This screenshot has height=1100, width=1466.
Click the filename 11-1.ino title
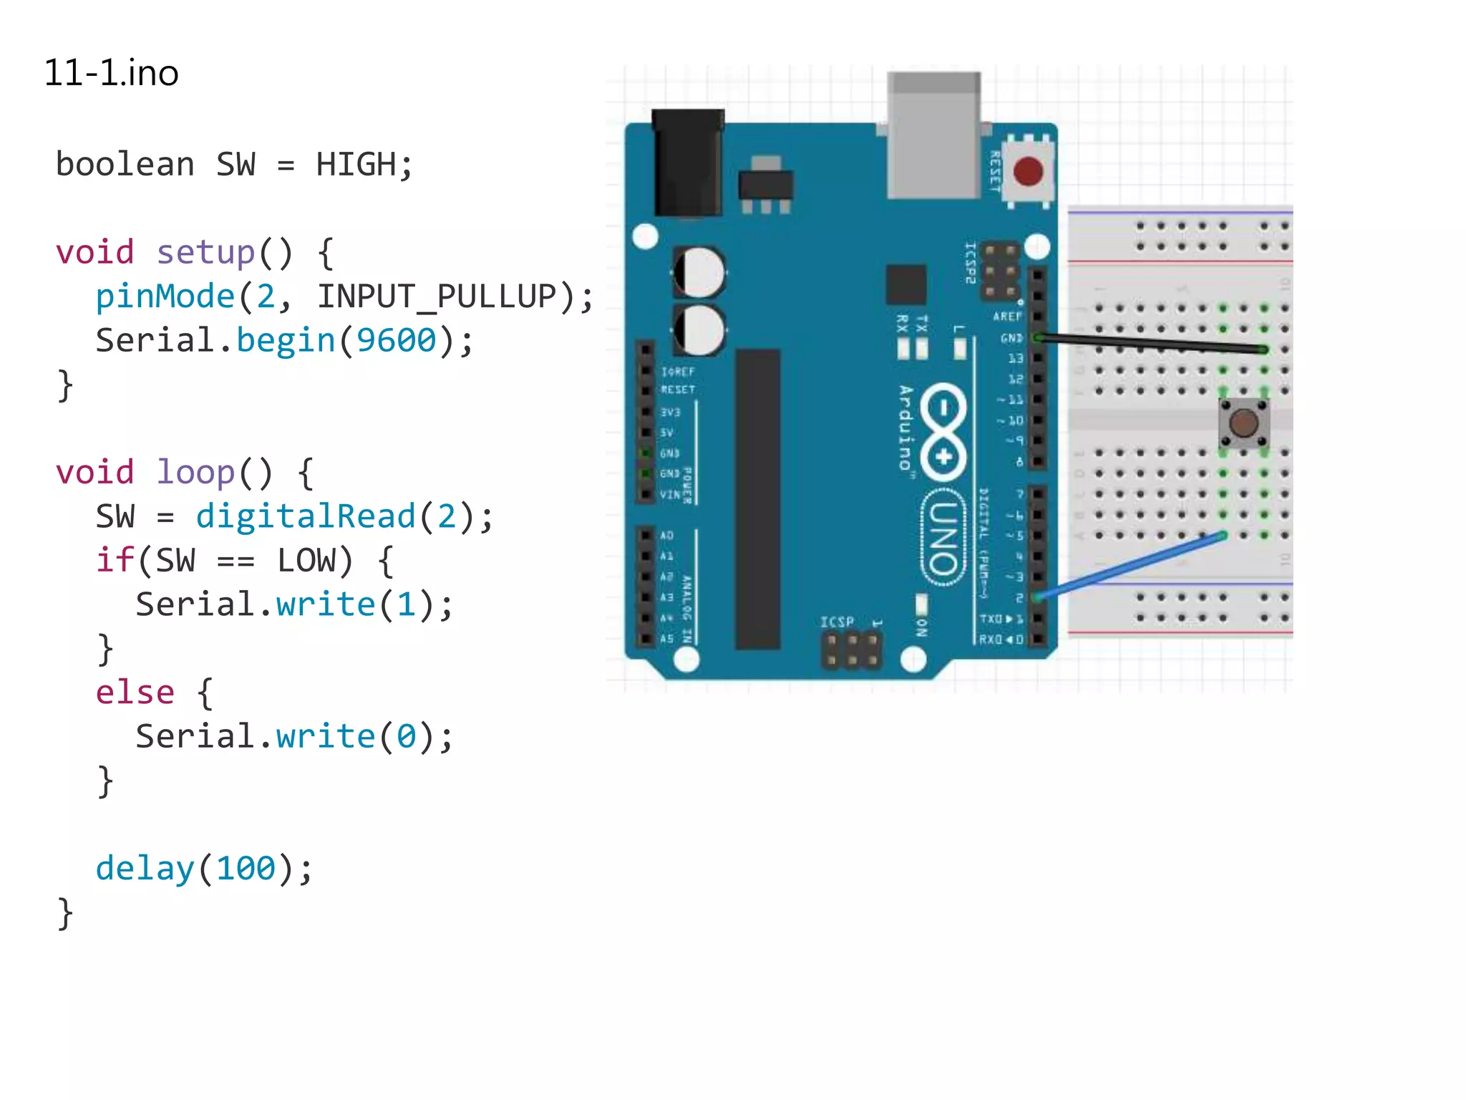[x=111, y=73]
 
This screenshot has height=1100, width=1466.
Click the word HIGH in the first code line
[x=356, y=165]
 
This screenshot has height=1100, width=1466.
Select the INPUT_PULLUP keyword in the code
[x=436, y=296]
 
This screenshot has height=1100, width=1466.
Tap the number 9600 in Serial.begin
[x=396, y=340]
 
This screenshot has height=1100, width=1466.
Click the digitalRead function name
[x=306, y=516]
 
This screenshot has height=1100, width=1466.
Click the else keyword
[x=135, y=693]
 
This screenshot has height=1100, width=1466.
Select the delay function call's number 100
[x=246, y=869]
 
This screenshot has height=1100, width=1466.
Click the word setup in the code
[x=205, y=253]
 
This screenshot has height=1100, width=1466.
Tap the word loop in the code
[x=195, y=473]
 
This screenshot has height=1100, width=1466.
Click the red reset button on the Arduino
[x=1028, y=172]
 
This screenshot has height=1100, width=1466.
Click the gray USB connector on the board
[x=933, y=136]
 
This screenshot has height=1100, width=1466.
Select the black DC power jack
[x=687, y=163]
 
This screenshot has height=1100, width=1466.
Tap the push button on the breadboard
[x=1244, y=423]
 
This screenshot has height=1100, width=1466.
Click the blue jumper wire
[x=1131, y=566]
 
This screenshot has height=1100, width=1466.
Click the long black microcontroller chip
[x=757, y=499]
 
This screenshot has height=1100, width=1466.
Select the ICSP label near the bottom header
[x=837, y=622]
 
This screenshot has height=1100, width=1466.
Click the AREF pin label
[x=1006, y=317]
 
